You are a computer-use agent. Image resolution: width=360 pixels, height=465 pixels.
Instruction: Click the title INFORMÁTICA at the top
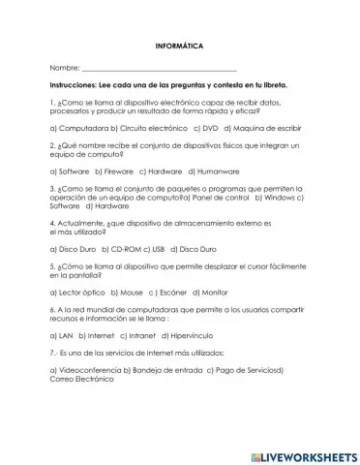179,46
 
